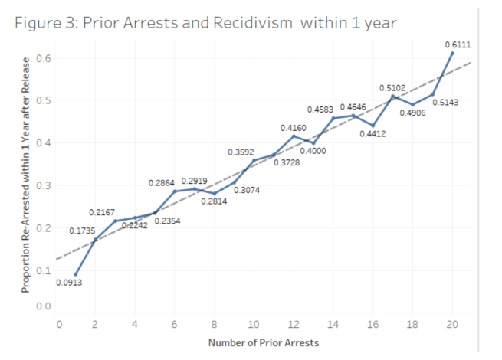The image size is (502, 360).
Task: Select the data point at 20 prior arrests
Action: click(452, 54)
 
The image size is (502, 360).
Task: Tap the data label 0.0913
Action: click(69, 283)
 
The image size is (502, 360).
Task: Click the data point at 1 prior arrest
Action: click(75, 273)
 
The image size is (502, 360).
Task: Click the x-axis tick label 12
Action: click(294, 325)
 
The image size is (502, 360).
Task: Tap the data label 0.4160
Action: click(293, 126)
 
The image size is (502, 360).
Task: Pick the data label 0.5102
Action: click(392, 88)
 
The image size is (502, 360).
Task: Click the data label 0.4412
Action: click(372, 134)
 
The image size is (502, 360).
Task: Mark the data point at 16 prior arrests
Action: click(373, 125)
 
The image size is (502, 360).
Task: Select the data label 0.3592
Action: click(241, 152)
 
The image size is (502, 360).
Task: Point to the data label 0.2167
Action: click(102, 211)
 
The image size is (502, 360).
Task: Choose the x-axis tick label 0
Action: click(59, 325)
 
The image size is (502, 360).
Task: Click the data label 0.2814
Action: click(214, 201)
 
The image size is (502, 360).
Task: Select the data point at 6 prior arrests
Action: click(174, 191)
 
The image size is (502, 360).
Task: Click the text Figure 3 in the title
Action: click(45, 22)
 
